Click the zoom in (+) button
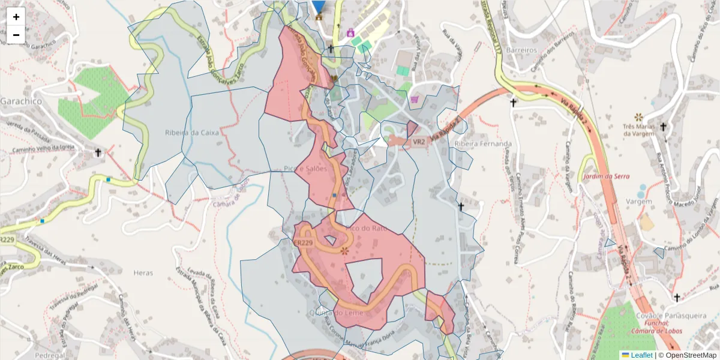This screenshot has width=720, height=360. point(16,17)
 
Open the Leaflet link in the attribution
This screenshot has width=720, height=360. point(641,355)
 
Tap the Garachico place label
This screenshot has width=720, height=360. point(20,101)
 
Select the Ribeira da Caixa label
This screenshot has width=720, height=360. point(192,133)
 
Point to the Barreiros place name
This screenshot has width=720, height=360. point(521,50)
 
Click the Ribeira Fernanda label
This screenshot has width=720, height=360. point(483,144)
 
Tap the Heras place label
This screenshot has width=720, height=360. point(143,272)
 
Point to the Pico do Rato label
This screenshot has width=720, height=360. point(365,228)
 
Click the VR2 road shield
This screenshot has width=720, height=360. point(418,142)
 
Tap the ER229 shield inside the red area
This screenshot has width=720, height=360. point(304,243)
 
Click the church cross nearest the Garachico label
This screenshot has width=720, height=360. point(98,153)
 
